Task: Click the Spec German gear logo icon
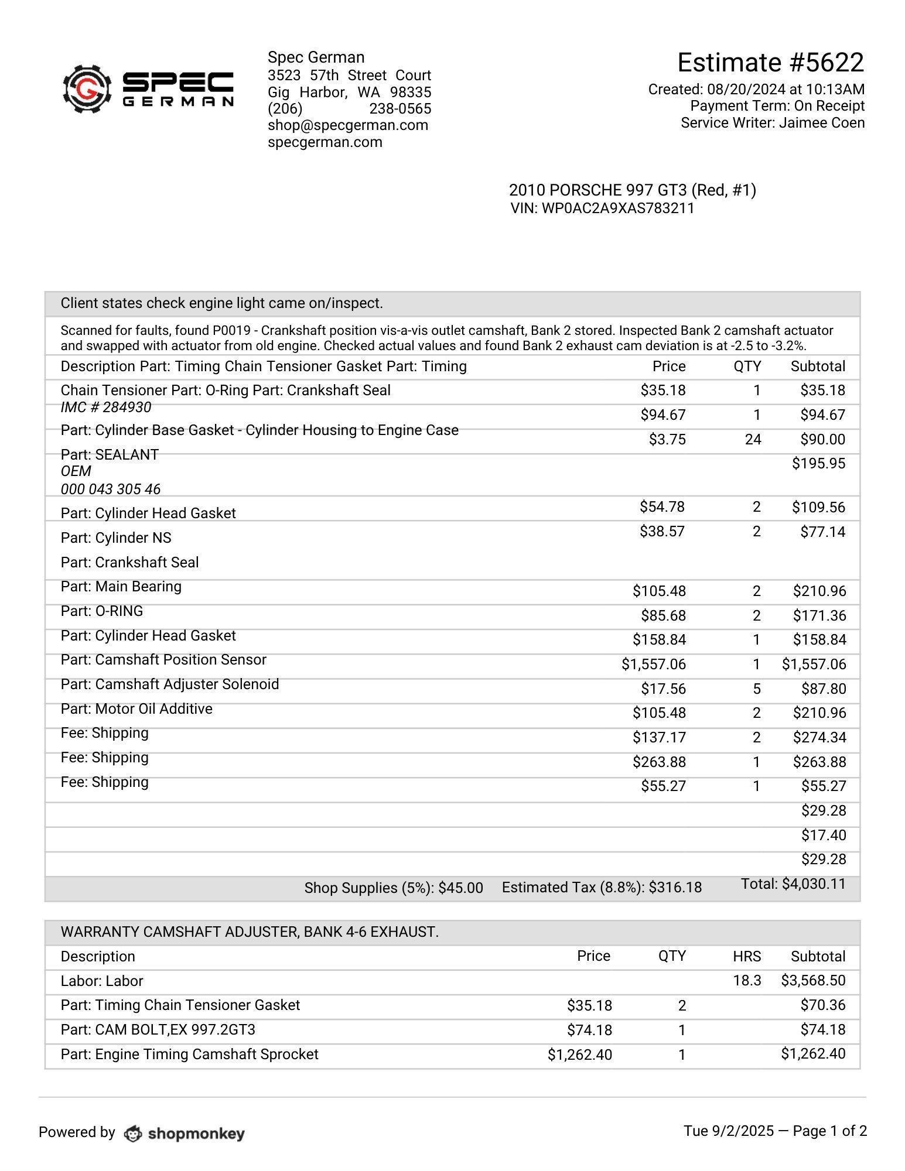click(87, 89)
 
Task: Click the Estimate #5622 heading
click(770, 63)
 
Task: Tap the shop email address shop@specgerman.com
click(348, 125)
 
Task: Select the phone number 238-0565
click(400, 109)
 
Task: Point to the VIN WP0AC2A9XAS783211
click(617, 208)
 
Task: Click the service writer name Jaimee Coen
click(821, 123)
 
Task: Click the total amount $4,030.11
click(814, 884)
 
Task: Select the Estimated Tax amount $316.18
click(675, 888)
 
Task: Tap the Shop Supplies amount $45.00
click(460, 888)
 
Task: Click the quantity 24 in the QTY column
click(753, 440)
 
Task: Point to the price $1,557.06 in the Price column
click(653, 665)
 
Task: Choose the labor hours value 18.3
click(747, 981)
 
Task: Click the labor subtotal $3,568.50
click(813, 981)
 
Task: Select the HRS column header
click(747, 957)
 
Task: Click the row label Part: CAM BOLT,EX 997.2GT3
click(158, 1030)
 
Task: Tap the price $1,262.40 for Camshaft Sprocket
click(579, 1055)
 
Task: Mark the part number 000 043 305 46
click(110, 489)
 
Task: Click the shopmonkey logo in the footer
click(185, 1134)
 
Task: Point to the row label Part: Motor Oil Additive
click(136, 709)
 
